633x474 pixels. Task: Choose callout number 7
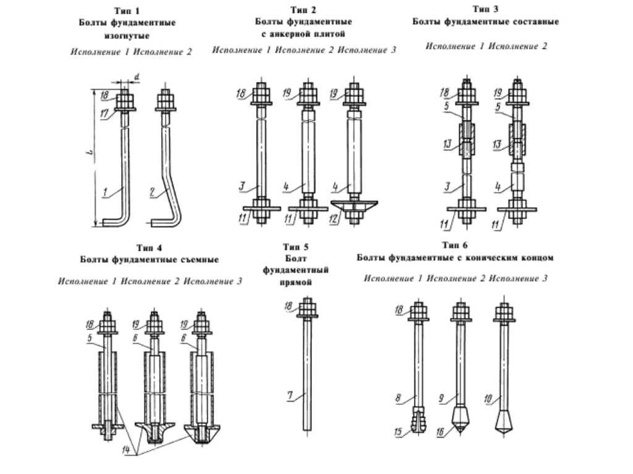[289, 394]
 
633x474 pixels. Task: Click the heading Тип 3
[485, 9]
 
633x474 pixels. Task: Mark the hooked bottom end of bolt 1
[111, 222]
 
